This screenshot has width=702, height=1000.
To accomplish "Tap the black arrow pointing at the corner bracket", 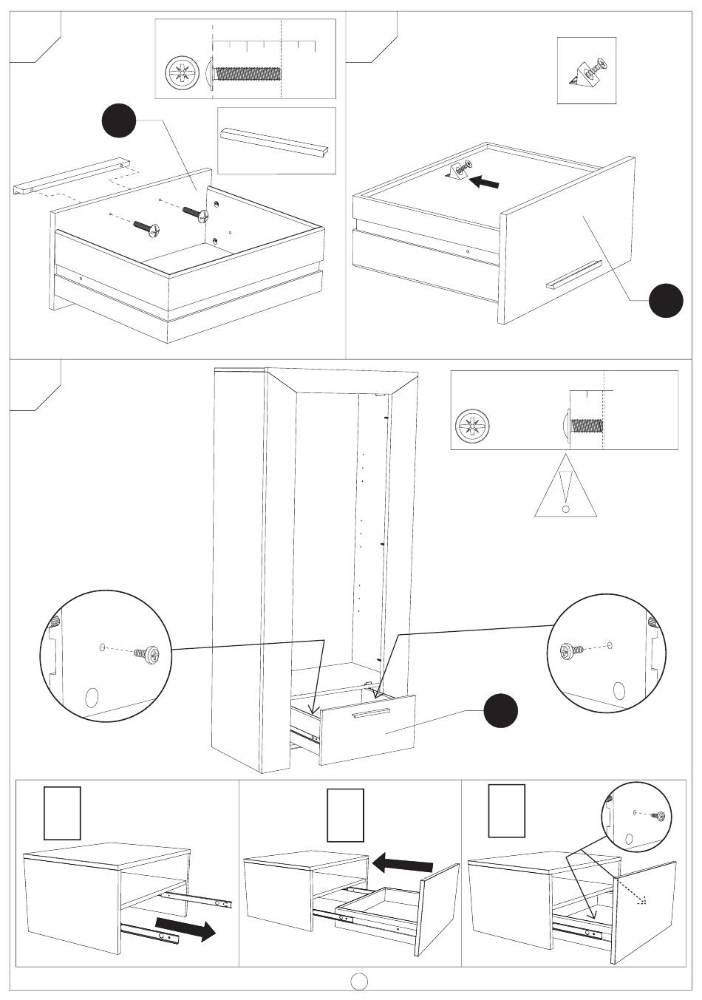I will click(x=485, y=180).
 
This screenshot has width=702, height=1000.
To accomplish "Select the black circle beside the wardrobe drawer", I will click(x=500, y=712).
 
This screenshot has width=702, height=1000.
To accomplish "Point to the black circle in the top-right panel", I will click(x=666, y=300).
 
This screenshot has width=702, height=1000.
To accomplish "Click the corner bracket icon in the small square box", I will click(x=586, y=70).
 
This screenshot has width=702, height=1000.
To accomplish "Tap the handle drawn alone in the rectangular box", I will click(x=276, y=140).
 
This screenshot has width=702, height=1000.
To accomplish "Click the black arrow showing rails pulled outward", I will click(x=185, y=928).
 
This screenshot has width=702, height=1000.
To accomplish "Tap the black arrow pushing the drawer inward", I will click(x=402, y=863).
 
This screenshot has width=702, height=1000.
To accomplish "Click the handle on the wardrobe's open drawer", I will click(x=371, y=712).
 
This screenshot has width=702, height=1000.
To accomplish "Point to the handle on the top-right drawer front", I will click(x=573, y=273).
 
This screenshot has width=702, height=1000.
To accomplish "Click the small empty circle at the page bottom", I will click(x=359, y=981).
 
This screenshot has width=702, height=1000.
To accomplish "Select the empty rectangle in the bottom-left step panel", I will click(x=62, y=813).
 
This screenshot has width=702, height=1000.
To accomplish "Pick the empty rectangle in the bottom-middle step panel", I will click(x=346, y=815).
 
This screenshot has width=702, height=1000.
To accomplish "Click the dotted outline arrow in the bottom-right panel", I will click(x=633, y=892).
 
